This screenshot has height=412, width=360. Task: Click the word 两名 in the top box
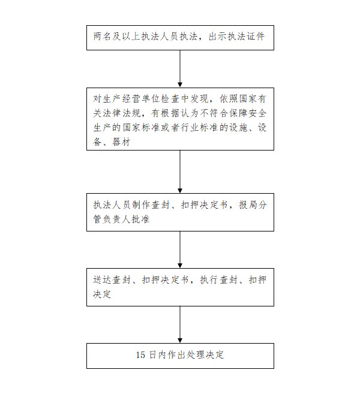(x=102, y=37)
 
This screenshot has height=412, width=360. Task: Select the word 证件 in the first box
(x=256, y=37)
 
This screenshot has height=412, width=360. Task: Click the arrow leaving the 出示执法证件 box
(x=180, y=68)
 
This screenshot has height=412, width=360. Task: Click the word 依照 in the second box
(x=229, y=99)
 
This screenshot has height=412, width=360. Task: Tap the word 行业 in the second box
(x=190, y=128)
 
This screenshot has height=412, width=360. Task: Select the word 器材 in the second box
(x=121, y=142)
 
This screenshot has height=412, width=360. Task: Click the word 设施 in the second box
(x=238, y=128)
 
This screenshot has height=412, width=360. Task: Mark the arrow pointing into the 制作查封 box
(x=180, y=172)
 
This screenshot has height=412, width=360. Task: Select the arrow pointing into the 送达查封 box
(x=180, y=249)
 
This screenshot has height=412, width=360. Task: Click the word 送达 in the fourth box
(x=102, y=280)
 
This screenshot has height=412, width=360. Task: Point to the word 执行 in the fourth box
(x=209, y=280)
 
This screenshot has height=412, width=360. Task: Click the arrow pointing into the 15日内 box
(x=180, y=324)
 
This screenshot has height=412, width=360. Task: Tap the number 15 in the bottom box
(x=140, y=355)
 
